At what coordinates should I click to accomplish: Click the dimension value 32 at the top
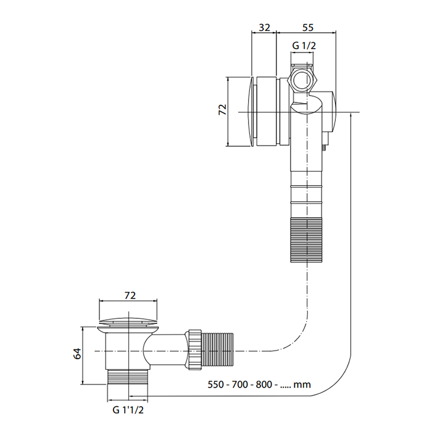[x=264, y=27]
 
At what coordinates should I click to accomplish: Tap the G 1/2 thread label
[x=304, y=46]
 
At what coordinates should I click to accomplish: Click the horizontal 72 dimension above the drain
[x=130, y=296]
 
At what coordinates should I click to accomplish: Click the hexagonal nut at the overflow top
[x=302, y=78]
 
